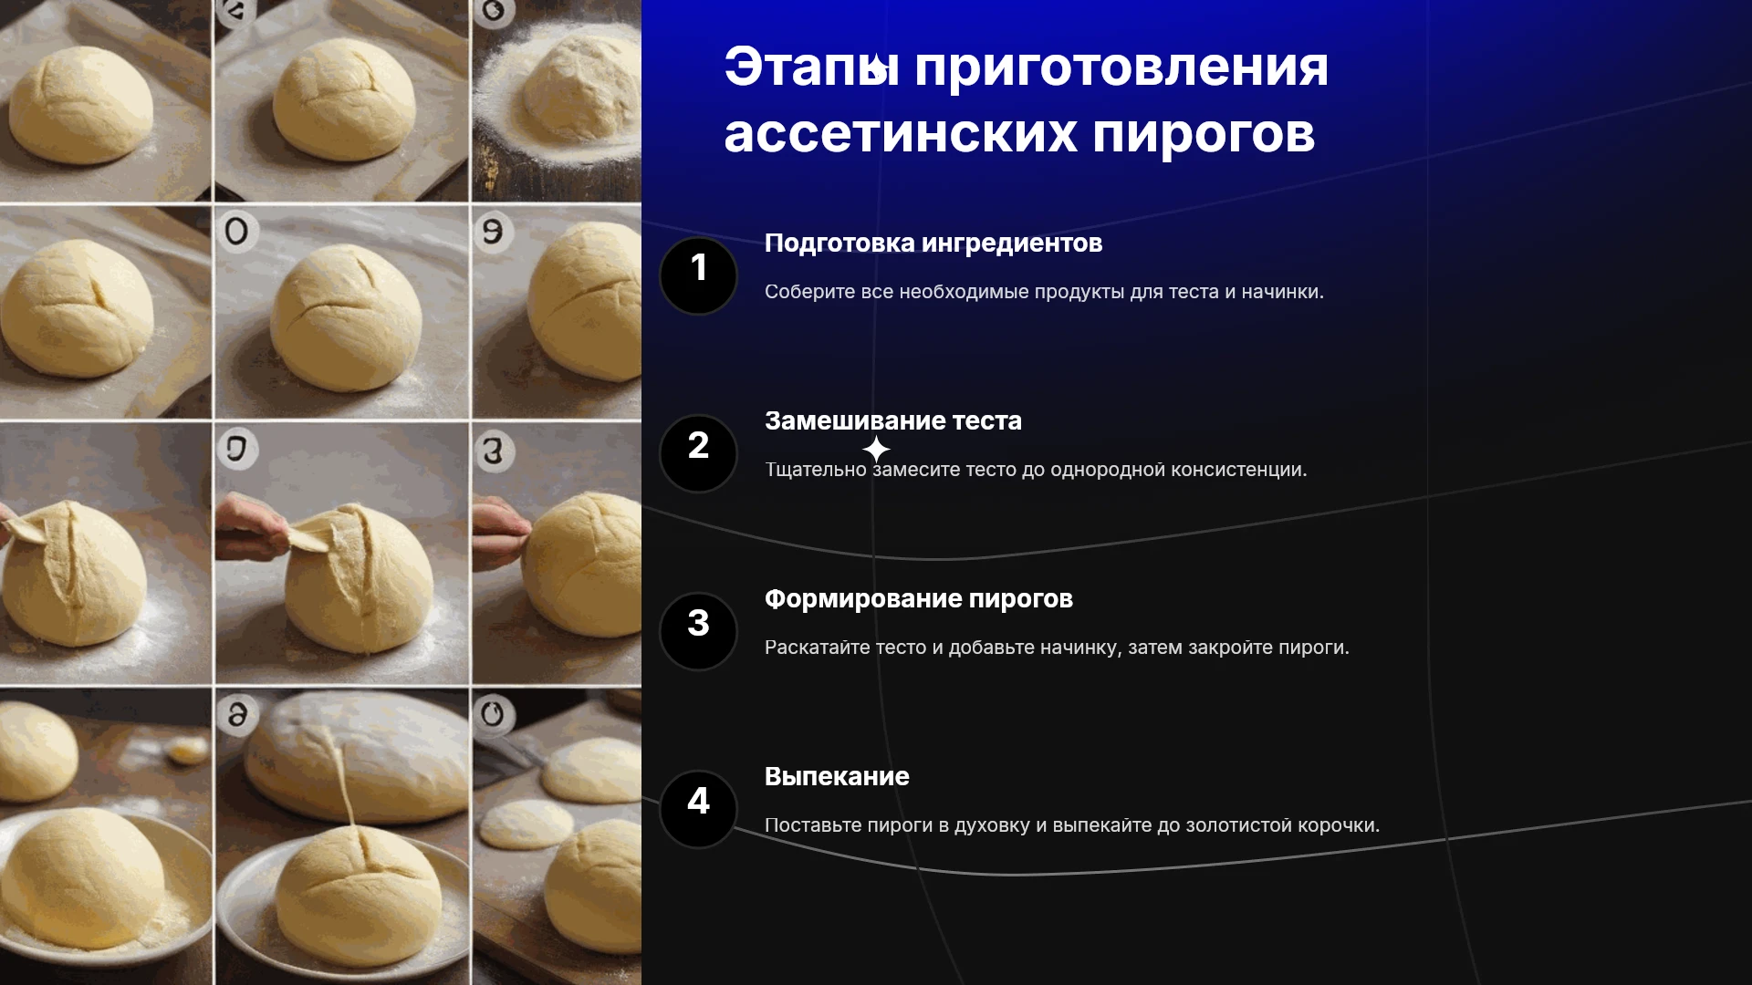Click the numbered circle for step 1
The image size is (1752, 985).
[x=698, y=275]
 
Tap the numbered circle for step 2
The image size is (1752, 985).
[x=698, y=453]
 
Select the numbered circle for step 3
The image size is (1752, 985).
[x=698, y=631]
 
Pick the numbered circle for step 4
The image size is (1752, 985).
[x=698, y=809]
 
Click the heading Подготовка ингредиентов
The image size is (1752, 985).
[x=933, y=244]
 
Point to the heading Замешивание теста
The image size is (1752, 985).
[x=893, y=420]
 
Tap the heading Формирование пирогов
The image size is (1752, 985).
[x=919, y=599]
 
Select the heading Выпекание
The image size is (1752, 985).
[x=837, y=776]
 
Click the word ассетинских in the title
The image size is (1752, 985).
[x=901, y=134]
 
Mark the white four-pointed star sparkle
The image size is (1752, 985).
[x=876, y=449]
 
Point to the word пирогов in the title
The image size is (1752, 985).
[x=1204, y=134]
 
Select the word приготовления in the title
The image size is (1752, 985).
[x=1121, y=67]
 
